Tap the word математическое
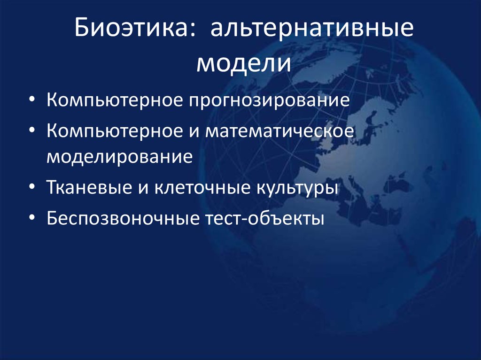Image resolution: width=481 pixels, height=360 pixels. pyautogui.click(x=279, y=132)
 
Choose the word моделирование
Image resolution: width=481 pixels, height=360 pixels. pyautogui.click(x=119, y=156)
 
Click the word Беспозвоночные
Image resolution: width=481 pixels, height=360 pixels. pyautogui.click(x=123, y=219)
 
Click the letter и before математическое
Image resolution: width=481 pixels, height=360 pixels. pyautogui.click(x=194, y=133)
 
